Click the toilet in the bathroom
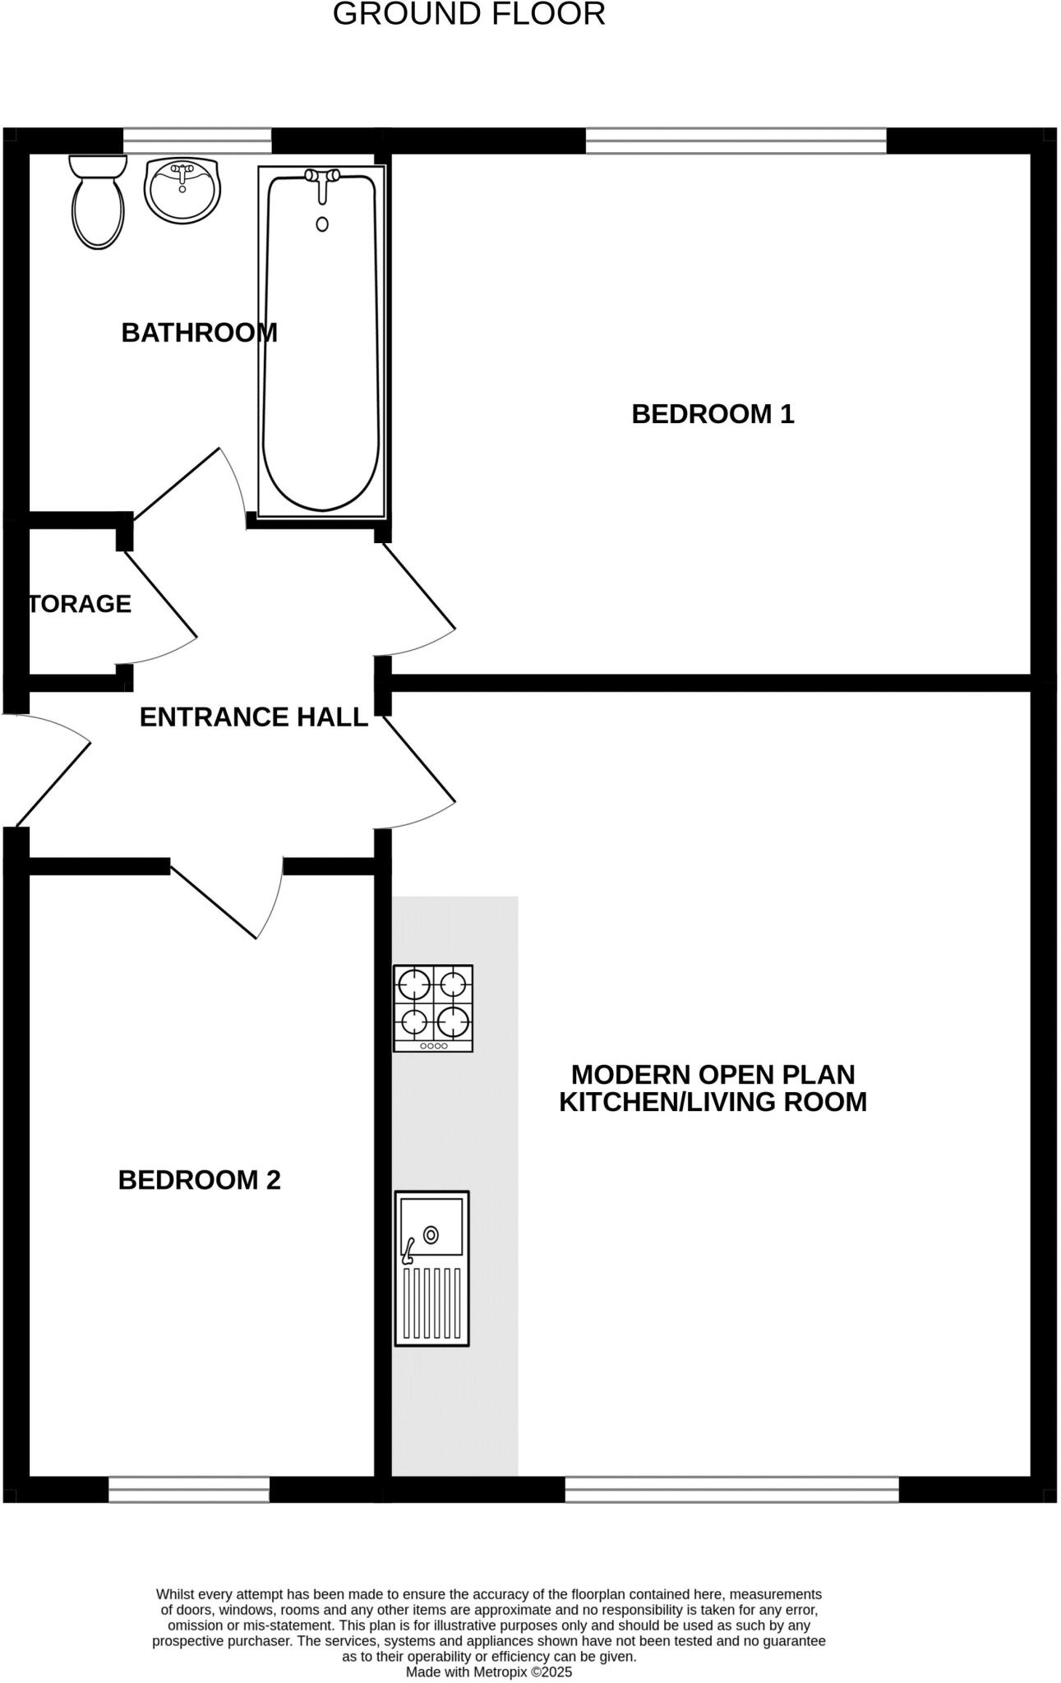point(98,201)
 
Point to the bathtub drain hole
point(322,224)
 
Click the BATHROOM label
point(200,333)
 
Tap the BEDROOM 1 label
point(713,414)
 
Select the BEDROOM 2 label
point(200,1180)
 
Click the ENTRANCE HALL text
point(254,717)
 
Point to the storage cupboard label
point(81,604)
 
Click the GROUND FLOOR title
point(469,15)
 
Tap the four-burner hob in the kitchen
point(433,1008)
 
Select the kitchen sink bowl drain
point(431,1234)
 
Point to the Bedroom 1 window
point(736,141)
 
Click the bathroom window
point(197,141)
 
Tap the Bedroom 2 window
point(189,1489)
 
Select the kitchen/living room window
point(732,1489)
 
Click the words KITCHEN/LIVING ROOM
point(713,1102)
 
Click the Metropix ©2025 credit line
point(489,1672)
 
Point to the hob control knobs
point(433,1046)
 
